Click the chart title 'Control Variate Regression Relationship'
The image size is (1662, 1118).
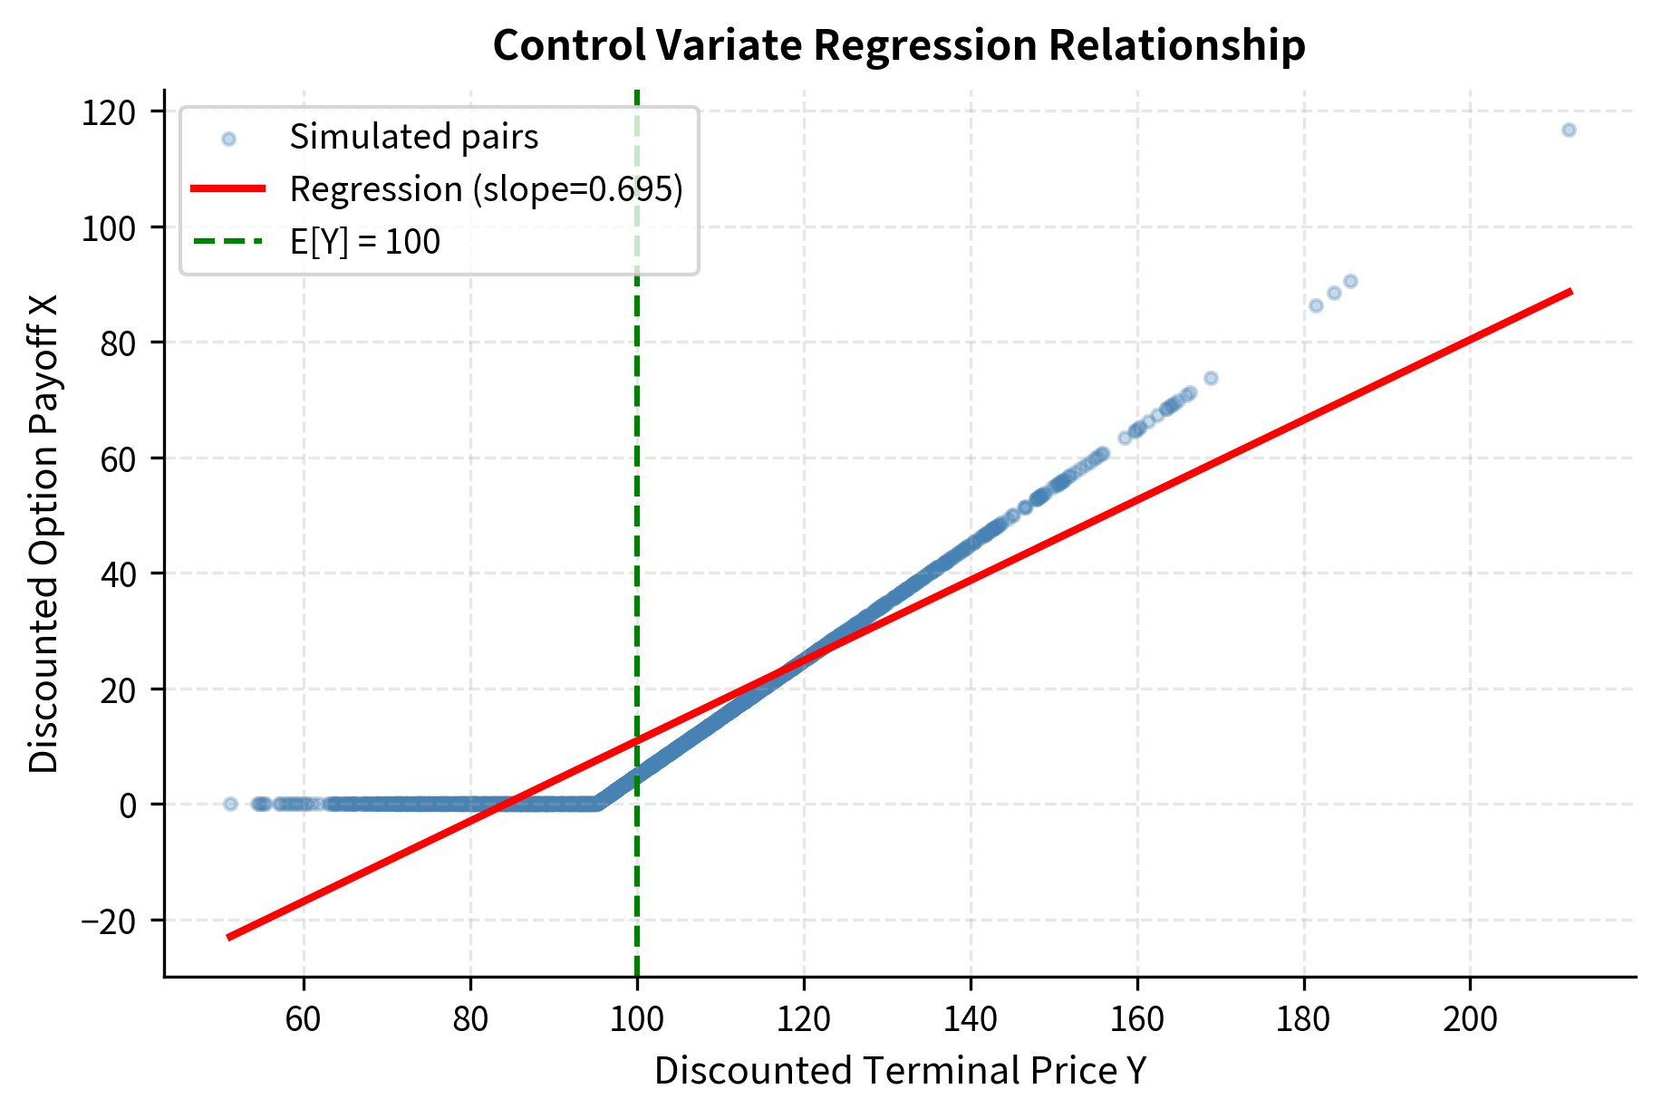pos(898,45)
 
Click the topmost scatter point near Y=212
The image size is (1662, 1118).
pos(1569,130)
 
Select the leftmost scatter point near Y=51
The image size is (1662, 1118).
pos(230,804)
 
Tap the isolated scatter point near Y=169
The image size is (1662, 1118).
pos(1211,378)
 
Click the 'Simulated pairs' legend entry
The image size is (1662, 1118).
pos(413,138)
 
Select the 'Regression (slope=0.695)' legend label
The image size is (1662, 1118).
pos(486,189)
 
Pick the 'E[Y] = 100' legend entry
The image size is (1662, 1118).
pos(364,242)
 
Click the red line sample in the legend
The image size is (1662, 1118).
pos(227,189)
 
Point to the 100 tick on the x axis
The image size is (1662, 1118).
pos(637,1019)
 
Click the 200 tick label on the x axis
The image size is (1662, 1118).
pos(1469,1019)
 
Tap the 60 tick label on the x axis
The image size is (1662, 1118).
pos(304,1019)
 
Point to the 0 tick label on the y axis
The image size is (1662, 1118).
pos(128,805)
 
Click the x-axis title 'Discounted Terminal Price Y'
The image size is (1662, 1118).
pos(900,1071)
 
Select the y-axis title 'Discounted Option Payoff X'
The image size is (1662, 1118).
pos(43,533)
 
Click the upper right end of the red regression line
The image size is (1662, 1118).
pos(1570,292)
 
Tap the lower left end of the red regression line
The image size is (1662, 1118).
pos(230,937)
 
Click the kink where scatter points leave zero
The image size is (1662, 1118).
pos(596,803)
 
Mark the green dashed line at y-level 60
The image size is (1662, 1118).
pos(637,458)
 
